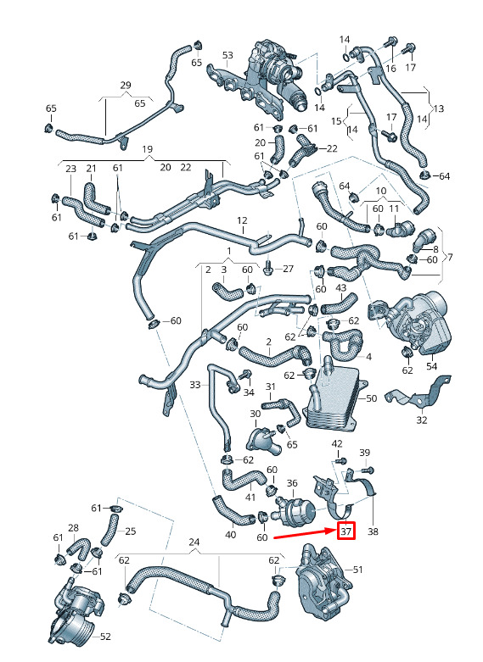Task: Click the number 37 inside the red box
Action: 346,531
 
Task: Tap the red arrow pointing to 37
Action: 306,534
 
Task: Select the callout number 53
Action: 227,55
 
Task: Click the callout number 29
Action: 126,86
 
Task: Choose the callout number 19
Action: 147,149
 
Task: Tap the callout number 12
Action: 242,220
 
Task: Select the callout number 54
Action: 432,365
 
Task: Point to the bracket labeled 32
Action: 418,392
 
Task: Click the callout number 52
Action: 105,636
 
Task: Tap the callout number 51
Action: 358,570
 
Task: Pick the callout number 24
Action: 194,542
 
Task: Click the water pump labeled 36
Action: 295,509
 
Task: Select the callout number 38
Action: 373,531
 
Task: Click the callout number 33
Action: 195,385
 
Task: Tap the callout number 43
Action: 340,288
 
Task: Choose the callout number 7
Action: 450,257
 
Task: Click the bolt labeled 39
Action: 368,469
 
